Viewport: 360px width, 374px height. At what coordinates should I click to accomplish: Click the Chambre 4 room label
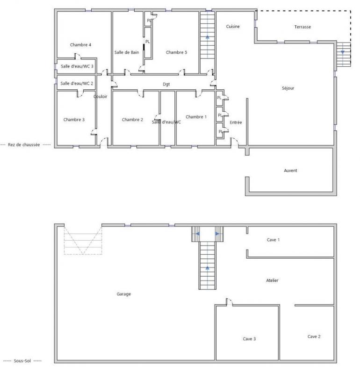pyautogui.click(x=80, y=45)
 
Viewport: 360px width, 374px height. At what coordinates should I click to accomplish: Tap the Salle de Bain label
pyautogui.click(x=126, y=52)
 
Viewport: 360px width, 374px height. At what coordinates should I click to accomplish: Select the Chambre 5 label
pyautogui.click(x=176, y=52)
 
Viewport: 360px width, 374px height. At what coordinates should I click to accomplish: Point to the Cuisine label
pyautogui.click(x=233, y=27)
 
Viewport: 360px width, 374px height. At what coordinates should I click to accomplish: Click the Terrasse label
pyautogui.click(x=302, y=27)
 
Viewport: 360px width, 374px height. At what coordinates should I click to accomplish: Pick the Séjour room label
pyautogui.click(x=288, y=88)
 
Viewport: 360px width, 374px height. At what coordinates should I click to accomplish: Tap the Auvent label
pyautogui.click(x=290, y=171)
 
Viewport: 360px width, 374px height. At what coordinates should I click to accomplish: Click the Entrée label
pyautogui.click(x=236, y=122)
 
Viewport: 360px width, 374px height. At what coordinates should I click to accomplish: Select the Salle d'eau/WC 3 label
pyautogui.click(x=77, y=66)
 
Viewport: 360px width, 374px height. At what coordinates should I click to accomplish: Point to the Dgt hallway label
pyautogui.click(x=166, y=84)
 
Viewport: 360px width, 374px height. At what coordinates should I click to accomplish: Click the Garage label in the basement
pyautogui.click(x=123, y=294)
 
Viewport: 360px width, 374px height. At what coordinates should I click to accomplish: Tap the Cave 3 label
pyautogui.click(x=249, y=339)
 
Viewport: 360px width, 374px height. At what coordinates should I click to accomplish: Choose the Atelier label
pyautogui.click(x=272, y=280)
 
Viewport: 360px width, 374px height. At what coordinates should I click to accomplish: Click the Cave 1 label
pyautogui.click(x=273, y=240)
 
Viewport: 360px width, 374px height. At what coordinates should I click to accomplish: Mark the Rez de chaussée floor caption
pyautogui.click(x=24, y=145)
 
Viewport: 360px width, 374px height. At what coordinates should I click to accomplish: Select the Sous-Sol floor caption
pyautogui.click(x=22, y=361)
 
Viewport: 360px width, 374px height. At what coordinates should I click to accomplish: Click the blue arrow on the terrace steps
pyautogui.click(x=343, y=52)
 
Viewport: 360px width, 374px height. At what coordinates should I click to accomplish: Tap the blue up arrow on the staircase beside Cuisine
pyautogui.click(x=207, y=37)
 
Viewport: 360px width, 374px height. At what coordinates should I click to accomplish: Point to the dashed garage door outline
pyautogui.click(x=83, y=240)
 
